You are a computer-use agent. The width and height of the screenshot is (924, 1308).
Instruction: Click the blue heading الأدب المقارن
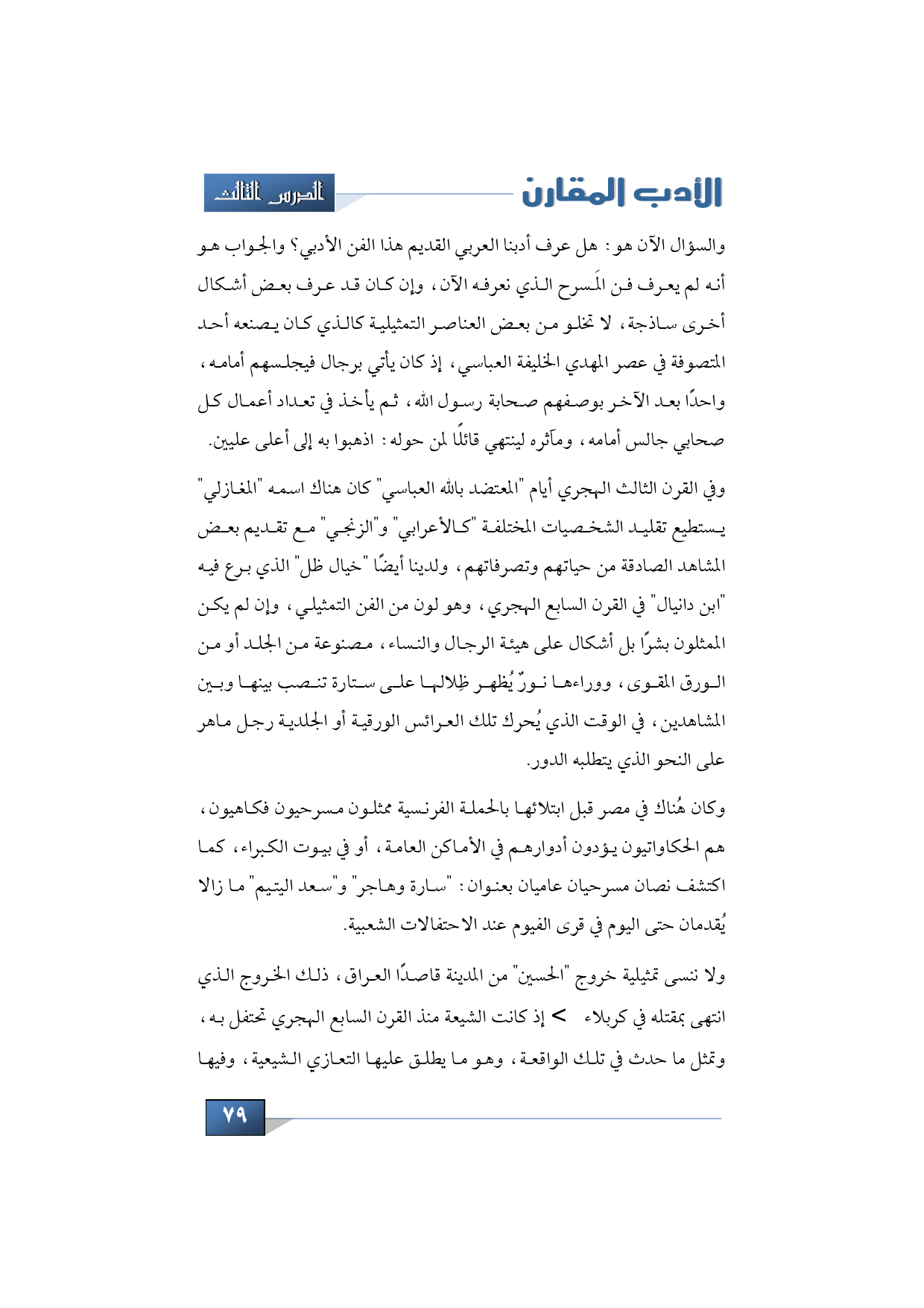[621, 192]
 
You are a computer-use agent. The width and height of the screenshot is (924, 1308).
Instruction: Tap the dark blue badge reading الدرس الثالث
[269, 193]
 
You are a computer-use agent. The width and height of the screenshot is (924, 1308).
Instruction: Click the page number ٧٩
[235, 1116]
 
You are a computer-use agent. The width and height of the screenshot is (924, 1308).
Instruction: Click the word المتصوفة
[696, 363]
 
